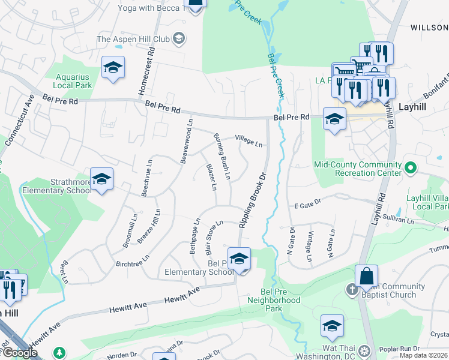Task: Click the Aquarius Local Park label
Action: click(73, 81)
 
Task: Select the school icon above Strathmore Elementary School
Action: click(101, 179)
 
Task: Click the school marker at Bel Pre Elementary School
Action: click(239, 259)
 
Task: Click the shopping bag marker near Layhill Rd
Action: click(366, 277)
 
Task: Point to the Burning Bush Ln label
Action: click(222, 157)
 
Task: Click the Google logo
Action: click(20, 353)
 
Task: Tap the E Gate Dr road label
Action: click(308, 205)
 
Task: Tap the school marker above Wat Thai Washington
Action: click(332, 326)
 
